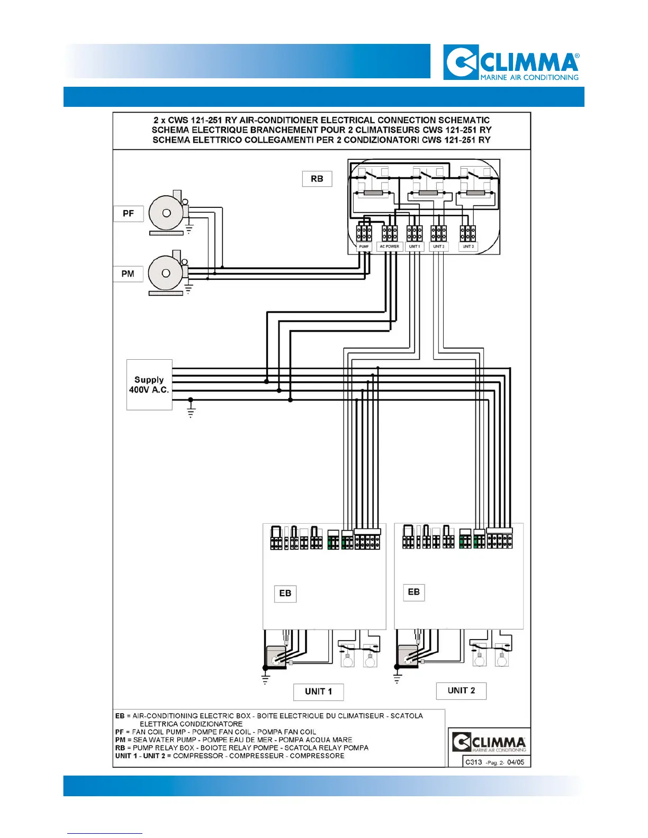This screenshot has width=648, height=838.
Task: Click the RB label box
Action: pos(317,179)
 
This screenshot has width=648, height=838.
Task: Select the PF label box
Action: pos(128,213)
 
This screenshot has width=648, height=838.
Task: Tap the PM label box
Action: pos(128,274)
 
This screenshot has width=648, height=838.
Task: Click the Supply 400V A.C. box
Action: pos(149,385)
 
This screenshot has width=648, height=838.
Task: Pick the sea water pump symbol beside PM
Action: pos(167,274)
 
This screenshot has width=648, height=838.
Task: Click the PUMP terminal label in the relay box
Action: pos(364,247)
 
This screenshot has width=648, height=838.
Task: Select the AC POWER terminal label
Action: pos(389,247)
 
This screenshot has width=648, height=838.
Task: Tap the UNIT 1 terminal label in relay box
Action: pos(415,247)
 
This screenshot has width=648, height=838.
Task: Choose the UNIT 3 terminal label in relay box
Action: pos(468,247)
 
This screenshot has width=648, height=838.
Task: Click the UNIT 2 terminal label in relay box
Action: pos(438,247)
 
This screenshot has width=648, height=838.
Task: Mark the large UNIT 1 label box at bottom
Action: pos(319,691)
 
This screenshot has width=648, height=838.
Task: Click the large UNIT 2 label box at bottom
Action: pos(461,690)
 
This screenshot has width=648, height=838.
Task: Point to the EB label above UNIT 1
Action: pos(285,593)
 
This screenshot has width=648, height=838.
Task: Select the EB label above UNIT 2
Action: pos(414,592)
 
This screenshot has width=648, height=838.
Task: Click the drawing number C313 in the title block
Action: pos(474,762)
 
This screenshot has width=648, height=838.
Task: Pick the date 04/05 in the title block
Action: pos(516,762)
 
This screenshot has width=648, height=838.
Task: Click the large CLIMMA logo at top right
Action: pos(511,62)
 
